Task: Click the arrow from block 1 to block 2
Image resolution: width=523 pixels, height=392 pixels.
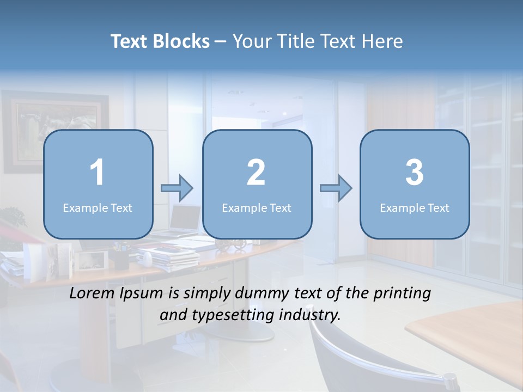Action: point(178,188)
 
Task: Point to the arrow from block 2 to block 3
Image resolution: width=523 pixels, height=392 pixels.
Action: point(336,188)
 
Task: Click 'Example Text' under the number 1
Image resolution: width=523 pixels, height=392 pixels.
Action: point(98,207)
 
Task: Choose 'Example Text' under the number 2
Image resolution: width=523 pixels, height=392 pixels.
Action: point(257,207)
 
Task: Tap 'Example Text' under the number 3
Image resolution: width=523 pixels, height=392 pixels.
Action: point(415,207)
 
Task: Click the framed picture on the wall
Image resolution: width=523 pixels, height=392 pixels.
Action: point(54,131)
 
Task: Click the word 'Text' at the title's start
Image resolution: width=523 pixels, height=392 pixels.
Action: point(129,41)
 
